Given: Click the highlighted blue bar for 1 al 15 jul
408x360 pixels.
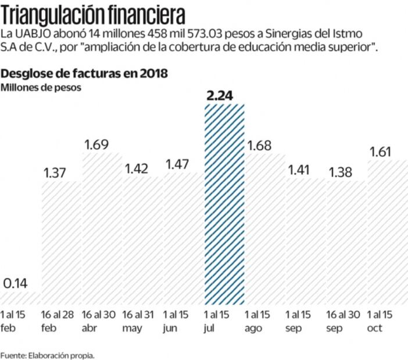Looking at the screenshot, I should click(x=224, y=203).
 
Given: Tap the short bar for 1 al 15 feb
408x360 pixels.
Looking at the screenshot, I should click(x=20, y=298).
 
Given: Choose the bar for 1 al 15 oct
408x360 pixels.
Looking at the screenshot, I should click(x=388, y=232).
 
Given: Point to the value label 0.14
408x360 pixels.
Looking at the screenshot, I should click(x=16, y=284).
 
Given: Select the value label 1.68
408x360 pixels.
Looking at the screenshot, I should click(x=259, y=145).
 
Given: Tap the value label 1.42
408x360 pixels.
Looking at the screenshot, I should click(x=137, y=169).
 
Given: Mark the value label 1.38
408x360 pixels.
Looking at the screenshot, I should click(x=341, y=172).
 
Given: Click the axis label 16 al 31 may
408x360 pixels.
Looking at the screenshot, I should click(x=138, y=321).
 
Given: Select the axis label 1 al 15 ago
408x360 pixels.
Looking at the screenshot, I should click(x=257, y=321).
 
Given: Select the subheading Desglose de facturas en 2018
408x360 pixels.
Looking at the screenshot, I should click(x=85, y=74).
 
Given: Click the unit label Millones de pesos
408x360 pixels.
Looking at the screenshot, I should click(x=41, y=88).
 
